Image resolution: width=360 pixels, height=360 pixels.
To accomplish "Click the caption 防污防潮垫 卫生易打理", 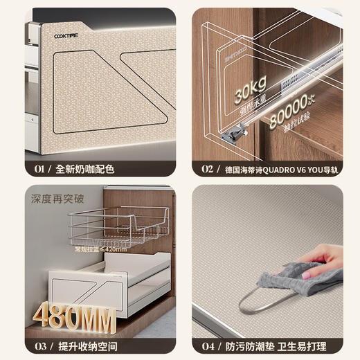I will (283, 345).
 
